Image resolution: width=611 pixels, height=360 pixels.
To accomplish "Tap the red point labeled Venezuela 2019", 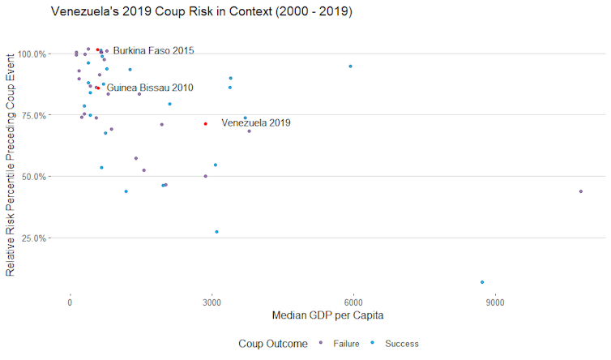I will pos(206,124).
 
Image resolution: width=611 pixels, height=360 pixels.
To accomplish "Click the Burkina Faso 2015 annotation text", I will pos(153,51).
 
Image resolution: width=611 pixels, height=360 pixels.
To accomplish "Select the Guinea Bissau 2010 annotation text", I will pos(150,88).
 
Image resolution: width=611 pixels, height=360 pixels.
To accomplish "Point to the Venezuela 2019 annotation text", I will pos(255,123).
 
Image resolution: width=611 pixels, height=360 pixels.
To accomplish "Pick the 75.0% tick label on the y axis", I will pos(34,115).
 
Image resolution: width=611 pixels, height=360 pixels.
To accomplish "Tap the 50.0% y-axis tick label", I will pos(34,177).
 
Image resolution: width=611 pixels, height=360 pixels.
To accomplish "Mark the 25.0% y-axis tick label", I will pos(34,238).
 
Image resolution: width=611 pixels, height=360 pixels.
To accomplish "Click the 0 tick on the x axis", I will pos(70,302).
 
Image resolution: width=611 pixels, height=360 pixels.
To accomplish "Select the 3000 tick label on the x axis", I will pos(211,302).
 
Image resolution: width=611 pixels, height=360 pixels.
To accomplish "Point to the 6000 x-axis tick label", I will pos(352,302).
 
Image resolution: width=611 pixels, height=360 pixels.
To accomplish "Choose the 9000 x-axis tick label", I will pos(493,302).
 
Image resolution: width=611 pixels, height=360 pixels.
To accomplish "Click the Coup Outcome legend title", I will pos(273,344).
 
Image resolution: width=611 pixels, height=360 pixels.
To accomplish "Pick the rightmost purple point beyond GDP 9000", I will pos(581,191).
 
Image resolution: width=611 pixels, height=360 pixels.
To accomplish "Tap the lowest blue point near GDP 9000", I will pos(482,282).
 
